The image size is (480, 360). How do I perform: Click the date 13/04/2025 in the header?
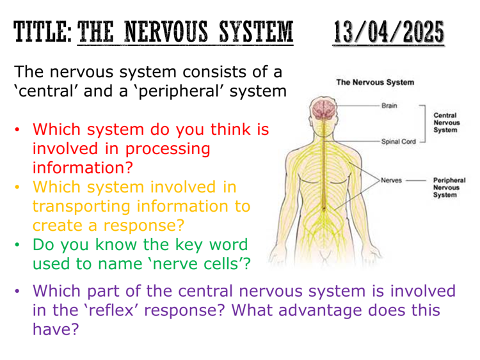tap(388, 32)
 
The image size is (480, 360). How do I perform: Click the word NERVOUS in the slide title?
tap(166, 32)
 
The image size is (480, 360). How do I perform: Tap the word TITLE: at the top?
tap(42, 32)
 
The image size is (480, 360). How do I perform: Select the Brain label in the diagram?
tap(389, 106)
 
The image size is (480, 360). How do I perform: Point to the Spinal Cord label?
tap(399, 141)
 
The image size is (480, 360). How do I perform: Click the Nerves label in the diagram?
tap(391, 180)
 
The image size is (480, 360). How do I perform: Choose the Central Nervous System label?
tap(447, 123)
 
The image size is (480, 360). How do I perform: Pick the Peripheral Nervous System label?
tap(449, 187)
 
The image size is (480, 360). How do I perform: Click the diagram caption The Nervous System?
tap(375, 82)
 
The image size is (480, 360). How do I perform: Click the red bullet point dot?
tap(17, 129)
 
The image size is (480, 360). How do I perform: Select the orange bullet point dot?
tap(17, 187)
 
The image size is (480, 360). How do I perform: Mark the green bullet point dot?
tap(17, 244)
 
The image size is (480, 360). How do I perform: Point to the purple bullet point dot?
tap(17, 290)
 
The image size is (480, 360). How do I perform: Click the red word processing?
tap(168, 150)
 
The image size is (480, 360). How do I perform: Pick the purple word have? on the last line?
tap(56, 329)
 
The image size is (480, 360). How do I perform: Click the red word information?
tap(83, 168)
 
